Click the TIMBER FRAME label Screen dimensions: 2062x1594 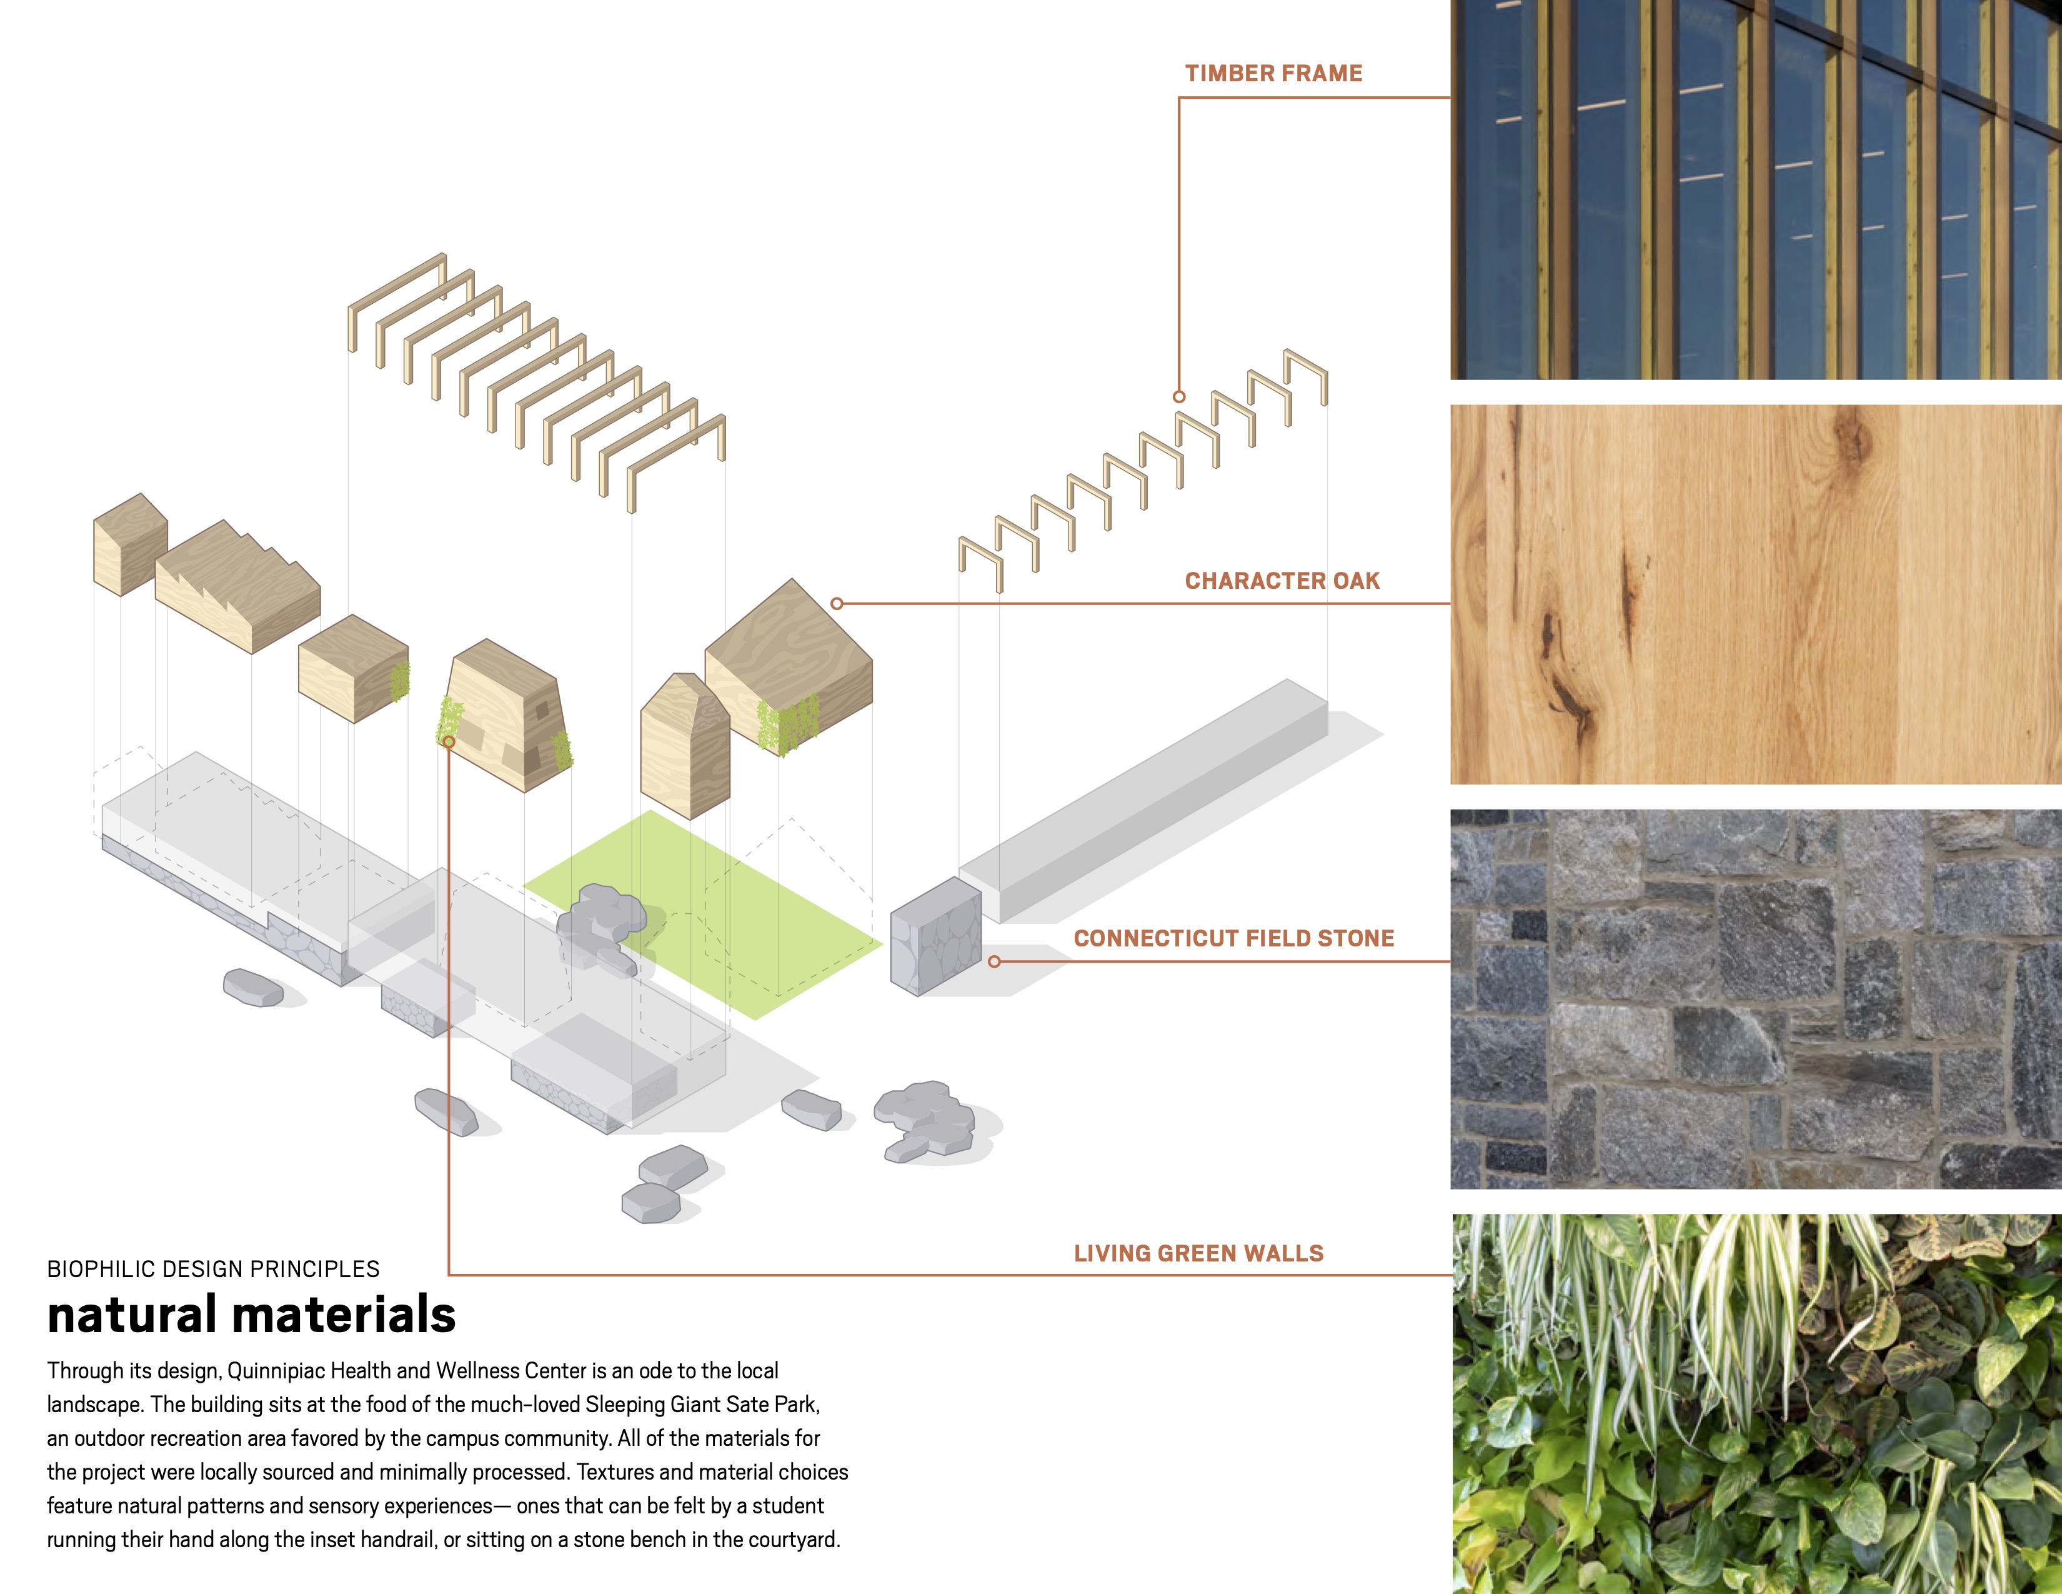pos(1273,74)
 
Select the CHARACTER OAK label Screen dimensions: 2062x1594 pos(1281,581)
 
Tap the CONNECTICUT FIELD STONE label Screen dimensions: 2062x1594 pos(1233,939)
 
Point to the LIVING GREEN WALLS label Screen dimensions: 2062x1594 pos(1198,1253)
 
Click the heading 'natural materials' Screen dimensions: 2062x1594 pos(251,1315)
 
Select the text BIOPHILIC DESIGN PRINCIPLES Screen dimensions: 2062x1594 pos(213,1269)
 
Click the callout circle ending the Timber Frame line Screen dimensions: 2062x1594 pos(1178,396)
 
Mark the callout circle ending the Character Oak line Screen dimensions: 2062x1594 pos(837,603)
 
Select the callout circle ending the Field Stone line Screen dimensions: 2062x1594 pos(994,962)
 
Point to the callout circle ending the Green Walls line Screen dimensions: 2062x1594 pos(449,742)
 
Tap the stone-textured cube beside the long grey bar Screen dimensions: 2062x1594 pos(935,937)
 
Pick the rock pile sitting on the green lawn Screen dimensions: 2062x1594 pos(601,921)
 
